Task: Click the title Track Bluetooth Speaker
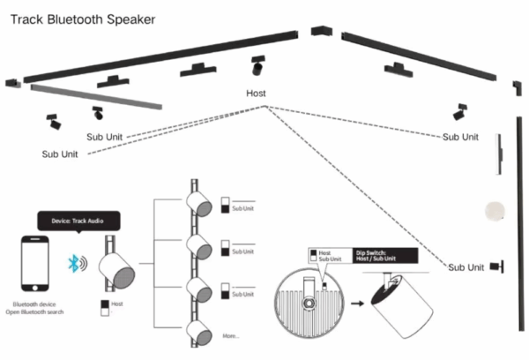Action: (83, 18)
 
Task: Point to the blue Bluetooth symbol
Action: (78, 263)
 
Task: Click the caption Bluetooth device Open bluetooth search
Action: (36, 307)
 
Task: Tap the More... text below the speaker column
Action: (230, 336)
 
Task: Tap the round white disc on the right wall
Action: (495, 211)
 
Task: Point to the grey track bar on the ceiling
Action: (96, 96)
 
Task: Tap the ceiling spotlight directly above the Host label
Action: (257, 66)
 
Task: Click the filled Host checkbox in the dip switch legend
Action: (313, 251)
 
